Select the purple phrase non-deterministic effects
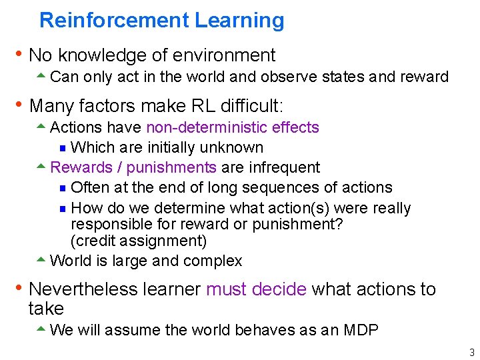[x=232, y=127]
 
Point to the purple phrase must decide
[x=256, y=289]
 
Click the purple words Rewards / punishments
[x=133, y=167]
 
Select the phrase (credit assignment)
[x=139, y=241]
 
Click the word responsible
[x=111, y=224]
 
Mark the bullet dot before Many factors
[x=20, y=105]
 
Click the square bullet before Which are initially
[x=63, y=148]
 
